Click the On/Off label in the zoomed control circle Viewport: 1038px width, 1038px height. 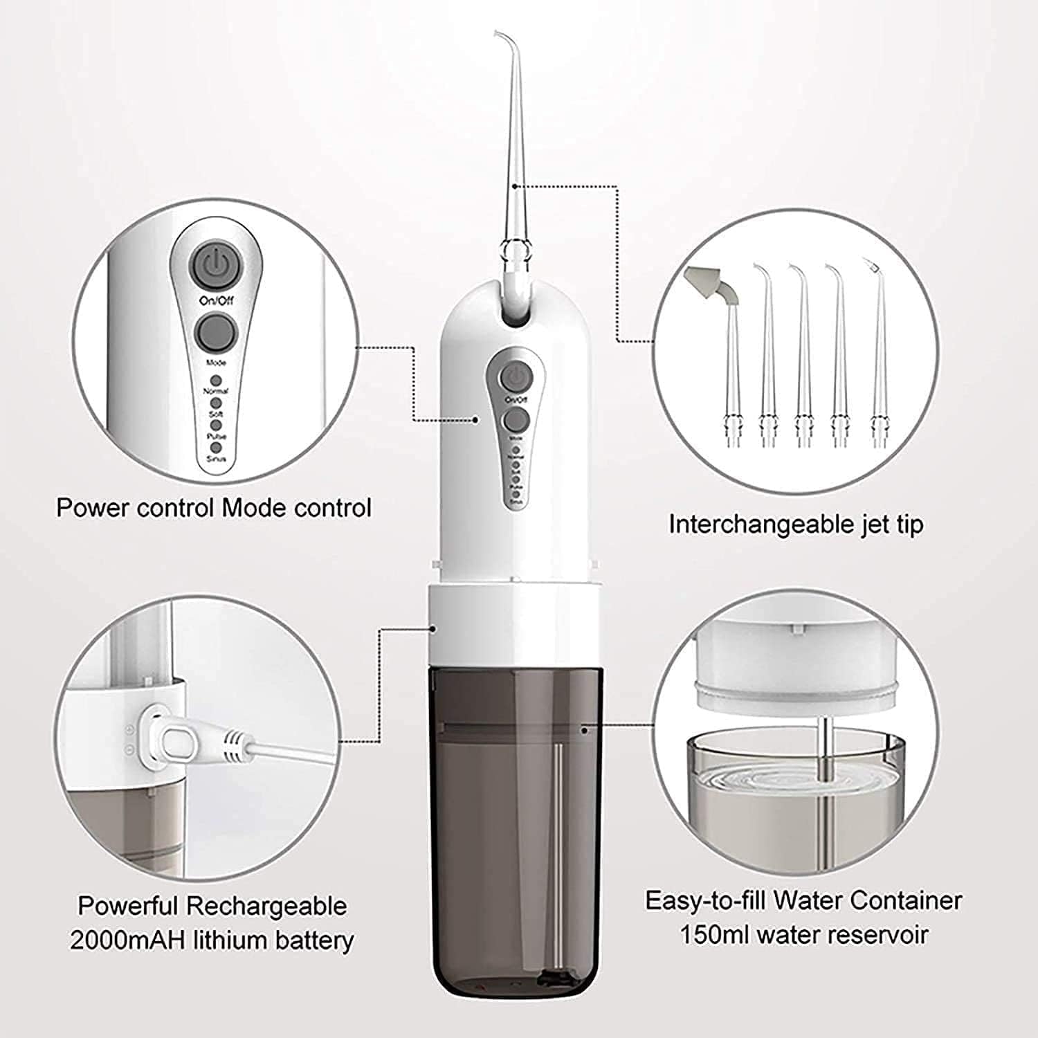pyautogui.click(x=217, y=300)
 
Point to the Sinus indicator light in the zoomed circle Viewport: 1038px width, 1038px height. pyautogui.click(x=216, y=448)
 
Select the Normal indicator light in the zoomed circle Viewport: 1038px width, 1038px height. pyautogui.click(x=216, y=381)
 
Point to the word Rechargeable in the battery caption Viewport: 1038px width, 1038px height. pyautogui.click(x=266, y=906)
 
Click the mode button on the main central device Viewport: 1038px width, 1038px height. pyautogui.click(x=515, y=420)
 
